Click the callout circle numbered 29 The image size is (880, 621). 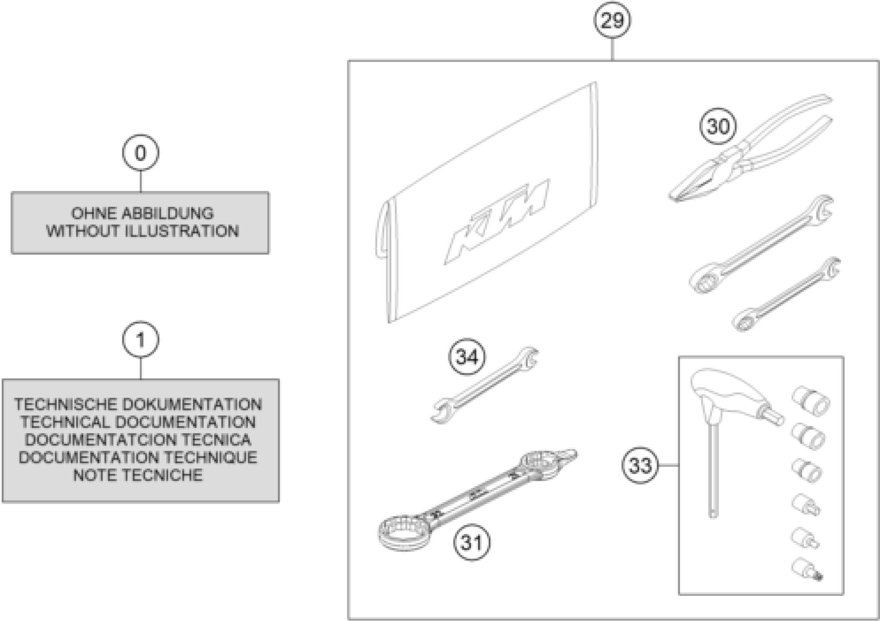click(612, 20)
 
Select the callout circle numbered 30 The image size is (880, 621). click(718, 126)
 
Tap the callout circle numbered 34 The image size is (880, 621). click(467, 357)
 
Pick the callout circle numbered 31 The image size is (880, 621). click(471, 542)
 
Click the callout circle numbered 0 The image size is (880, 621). click(141, 153)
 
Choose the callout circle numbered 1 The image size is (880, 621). click(141, 340)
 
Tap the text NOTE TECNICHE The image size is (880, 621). click(138, 475)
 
